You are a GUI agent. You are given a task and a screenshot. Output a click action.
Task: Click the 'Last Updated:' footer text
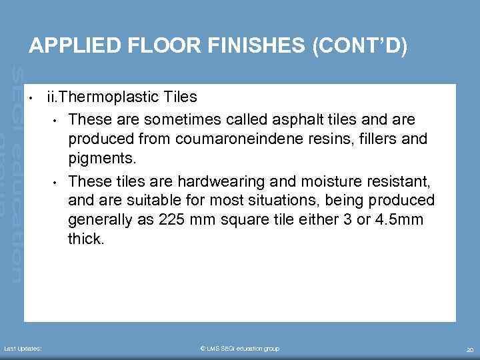click(x=23, y=349)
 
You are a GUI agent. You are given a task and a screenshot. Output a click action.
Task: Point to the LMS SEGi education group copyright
click(x=240, y=349)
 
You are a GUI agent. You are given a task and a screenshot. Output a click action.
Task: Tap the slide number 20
click(x=469, y=349)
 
